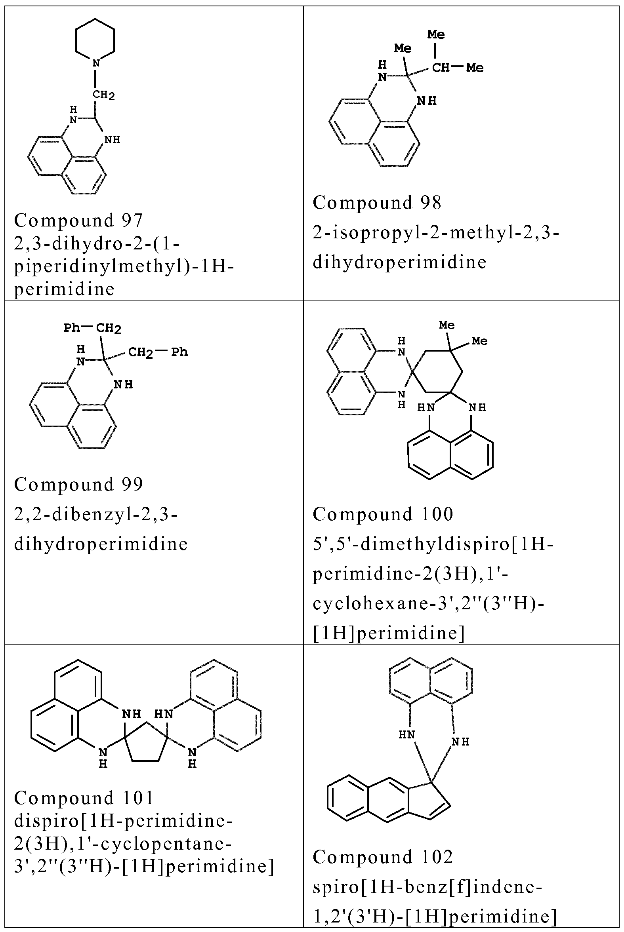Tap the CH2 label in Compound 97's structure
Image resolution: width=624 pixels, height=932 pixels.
click(x=103, y=95)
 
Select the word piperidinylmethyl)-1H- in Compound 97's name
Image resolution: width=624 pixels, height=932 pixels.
click(x=124, y=266)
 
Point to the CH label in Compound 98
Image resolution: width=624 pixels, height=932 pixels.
click(x=441, y=68)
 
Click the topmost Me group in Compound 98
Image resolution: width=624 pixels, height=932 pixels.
click(x=436, y=34)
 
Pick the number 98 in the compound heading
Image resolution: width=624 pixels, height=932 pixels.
click(x=431, y=203)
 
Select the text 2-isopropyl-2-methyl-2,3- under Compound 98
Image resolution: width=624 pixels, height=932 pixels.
click(x=436, y=232)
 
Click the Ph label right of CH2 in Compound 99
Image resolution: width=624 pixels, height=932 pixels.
click(x=179, y=352)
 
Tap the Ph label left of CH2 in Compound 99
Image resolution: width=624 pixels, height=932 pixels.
click(x=72, y=328)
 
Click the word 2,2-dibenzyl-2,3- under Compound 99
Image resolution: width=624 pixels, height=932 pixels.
click(x=95, y=514)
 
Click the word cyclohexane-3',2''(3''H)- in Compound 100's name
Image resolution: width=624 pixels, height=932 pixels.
click(x=429, y=603)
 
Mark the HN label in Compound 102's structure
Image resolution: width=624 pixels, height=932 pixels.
click(x=407, y=735)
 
